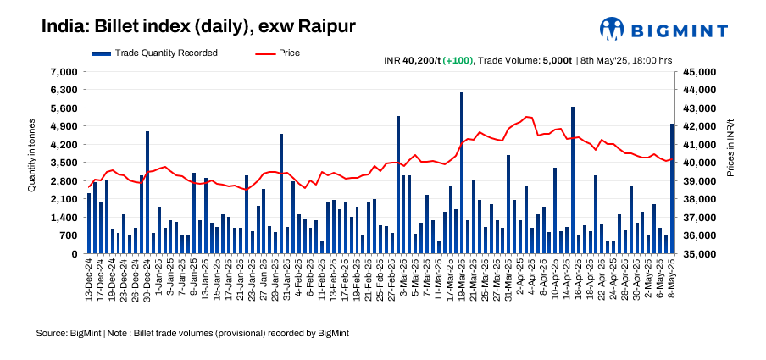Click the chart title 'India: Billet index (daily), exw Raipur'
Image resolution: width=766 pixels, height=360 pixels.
(x=198, y=26)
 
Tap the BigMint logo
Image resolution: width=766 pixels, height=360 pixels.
(x=663, y=30)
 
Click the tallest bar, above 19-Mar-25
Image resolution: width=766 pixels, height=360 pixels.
(x=462, y=173)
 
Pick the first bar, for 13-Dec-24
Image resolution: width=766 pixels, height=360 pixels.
(x=89, y=224)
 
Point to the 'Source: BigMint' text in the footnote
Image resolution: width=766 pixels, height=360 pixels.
(x=68, y=334)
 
